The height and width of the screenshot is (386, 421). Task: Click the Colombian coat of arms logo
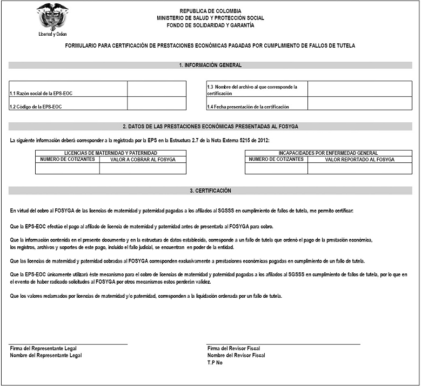tap(52, 16)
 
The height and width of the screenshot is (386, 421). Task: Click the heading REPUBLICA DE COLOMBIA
tap(210, 11)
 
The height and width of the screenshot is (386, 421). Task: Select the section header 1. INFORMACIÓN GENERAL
tap(210, 66)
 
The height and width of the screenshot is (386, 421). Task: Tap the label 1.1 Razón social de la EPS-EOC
tap(41, 94)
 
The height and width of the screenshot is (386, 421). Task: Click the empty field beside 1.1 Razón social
tap(156, 89)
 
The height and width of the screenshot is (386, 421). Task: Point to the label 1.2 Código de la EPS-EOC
tap(36, 107)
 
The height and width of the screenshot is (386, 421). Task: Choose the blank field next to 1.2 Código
tap(156, 103)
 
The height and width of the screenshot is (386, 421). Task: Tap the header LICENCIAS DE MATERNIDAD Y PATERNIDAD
tap(111, 153)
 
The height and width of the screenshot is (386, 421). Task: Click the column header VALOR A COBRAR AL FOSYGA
tap(142, 160)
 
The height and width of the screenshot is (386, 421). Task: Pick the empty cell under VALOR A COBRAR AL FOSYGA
tap(142, 168)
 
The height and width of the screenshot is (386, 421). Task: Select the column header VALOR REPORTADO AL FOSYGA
tap(359, 160)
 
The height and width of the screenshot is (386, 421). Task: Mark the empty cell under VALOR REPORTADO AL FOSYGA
tap(359, 168)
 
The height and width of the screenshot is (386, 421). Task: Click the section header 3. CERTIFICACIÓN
tap(210, 191)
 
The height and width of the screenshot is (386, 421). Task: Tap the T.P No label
tap(215, 363)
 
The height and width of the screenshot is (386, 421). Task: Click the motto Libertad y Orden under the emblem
tap(52, 34)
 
